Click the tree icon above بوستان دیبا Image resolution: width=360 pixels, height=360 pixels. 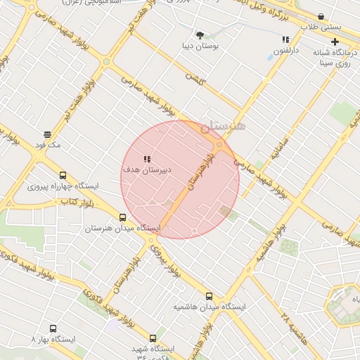click(200, 34)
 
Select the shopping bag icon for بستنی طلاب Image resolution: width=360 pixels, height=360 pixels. click(321, 16)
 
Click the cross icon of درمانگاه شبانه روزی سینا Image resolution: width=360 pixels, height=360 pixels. click(334, 41)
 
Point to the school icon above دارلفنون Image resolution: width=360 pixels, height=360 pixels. click(285, 40)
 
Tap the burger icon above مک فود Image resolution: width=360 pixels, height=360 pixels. click(48, 134)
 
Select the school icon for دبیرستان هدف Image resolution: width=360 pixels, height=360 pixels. click(146, 159)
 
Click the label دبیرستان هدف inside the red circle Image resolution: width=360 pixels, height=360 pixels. click(147, 170)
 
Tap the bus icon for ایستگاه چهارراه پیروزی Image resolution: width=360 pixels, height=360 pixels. click(63, 176)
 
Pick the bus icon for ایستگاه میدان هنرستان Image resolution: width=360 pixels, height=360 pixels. click(123, 217)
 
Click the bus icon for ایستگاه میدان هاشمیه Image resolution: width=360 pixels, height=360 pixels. click(209, 296)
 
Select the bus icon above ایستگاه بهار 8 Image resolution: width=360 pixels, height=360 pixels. click(53, 328)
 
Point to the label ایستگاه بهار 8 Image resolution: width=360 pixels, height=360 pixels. click(53, 339)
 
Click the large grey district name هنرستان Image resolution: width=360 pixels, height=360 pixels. click(224, 127)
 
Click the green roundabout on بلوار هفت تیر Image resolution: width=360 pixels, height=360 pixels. click(106, 62)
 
